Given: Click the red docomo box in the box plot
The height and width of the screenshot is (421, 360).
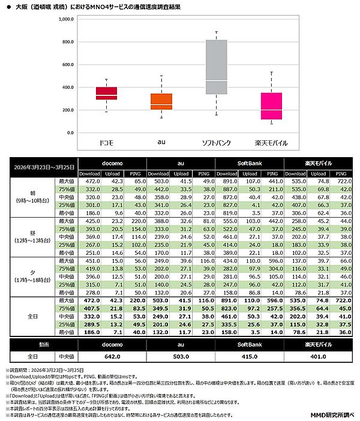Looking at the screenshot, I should (x=106, y=93).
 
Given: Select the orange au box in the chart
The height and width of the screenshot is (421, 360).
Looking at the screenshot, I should (x=161, y=101).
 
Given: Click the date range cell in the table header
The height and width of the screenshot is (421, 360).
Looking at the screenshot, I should (x=43, y=166).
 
